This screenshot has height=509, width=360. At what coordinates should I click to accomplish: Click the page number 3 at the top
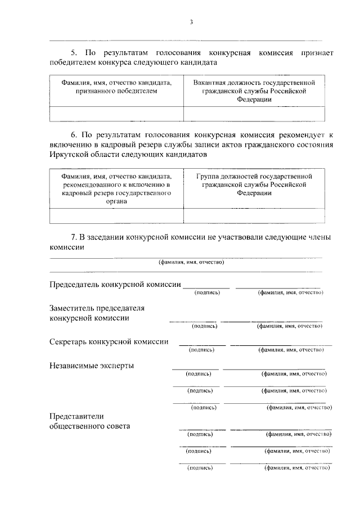[x=191, y=22]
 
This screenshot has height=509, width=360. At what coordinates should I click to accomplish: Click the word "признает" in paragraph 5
[x=316, y=53]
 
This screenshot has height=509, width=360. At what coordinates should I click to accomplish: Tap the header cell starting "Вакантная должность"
[x=254, y=91]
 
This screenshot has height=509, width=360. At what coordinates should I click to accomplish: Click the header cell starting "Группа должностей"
[x=254, y=184]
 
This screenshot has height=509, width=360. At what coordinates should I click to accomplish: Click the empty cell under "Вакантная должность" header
[x=254, y=114]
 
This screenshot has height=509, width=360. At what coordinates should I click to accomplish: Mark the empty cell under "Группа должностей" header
[x=254, y=216]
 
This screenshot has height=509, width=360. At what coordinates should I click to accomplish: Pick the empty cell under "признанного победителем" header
[x=116, y=114]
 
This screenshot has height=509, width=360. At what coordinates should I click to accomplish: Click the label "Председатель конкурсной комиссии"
[x=115, y=285]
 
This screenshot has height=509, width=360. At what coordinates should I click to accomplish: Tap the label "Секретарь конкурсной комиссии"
[x=109, y=341]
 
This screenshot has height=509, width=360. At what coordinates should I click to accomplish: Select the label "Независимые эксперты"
[x=92, y=366]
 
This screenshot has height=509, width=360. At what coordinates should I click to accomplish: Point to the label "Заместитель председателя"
[x=97, y=308]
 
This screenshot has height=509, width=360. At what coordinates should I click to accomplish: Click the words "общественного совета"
[x=90, y=426]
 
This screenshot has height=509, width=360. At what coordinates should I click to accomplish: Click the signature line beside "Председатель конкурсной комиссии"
[x=206, y=287]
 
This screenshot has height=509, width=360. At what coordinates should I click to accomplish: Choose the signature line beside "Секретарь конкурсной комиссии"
[x=202, y=344]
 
